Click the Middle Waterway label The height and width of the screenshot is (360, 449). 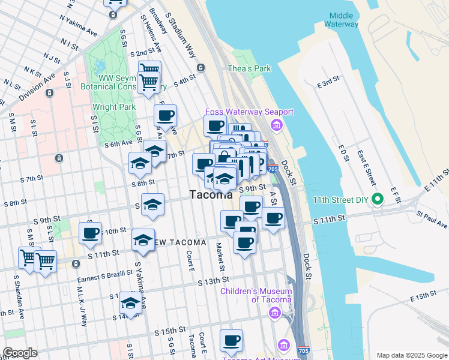point(341,20)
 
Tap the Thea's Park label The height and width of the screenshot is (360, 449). point(249,68)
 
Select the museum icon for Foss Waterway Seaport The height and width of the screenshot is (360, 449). point(276,125)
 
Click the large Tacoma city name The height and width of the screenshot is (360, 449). point(211,194)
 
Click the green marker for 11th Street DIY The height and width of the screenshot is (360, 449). point(378,199)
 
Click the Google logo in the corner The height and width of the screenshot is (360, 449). point(20,353)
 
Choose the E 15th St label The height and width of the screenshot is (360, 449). point(422,298)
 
